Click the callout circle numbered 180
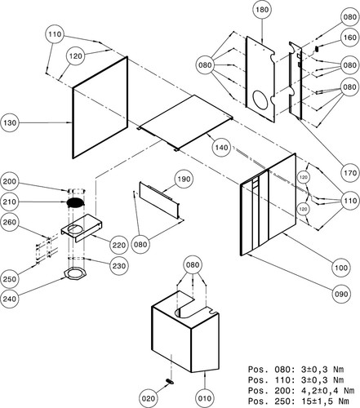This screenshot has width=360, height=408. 262,10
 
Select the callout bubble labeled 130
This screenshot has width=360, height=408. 10,123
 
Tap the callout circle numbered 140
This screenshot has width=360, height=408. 221,148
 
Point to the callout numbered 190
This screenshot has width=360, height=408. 184,180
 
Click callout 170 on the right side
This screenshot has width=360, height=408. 350,173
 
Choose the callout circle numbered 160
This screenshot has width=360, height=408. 350,38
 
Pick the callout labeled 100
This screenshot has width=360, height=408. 341,268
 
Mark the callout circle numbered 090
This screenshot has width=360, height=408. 341,294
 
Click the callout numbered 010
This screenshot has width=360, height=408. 205,398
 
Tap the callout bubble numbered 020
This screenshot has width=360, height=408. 149,398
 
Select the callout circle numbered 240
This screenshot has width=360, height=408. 10,299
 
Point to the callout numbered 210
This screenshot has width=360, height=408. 10,202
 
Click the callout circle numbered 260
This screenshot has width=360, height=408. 10,222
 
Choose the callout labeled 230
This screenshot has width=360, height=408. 119,265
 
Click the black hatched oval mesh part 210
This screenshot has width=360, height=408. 76,202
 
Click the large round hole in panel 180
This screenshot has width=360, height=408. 260,100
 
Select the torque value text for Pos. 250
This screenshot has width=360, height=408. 325,401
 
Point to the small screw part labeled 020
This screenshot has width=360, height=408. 170,382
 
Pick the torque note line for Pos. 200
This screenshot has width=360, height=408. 301,391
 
